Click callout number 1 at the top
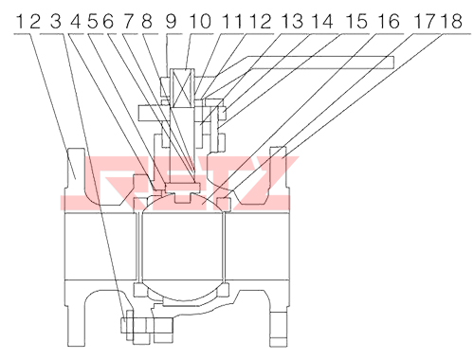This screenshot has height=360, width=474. (x=20, y=22)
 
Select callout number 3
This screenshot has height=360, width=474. (x=56, y=22)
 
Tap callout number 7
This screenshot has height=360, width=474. (x=129, y=22)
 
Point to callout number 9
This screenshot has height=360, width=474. (x=171, y=22)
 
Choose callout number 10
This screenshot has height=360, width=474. (x=200, y=22)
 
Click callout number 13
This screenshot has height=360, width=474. (x=292, y=22)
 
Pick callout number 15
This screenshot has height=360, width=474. (x=357, y=22)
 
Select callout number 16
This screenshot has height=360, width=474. (x=389, y=22)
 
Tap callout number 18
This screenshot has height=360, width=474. (x=452, y=22)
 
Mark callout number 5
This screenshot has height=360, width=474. (x=93, y=22)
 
